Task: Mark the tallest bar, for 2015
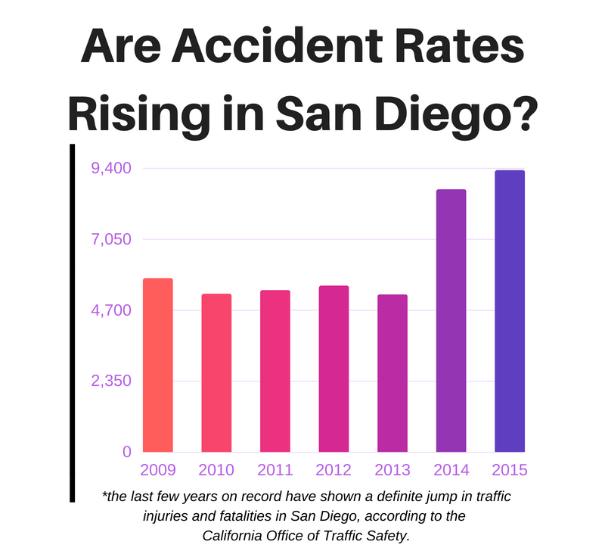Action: pos(509,311)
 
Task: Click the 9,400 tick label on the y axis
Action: pos(111,168)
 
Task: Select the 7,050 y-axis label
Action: pos(111,239)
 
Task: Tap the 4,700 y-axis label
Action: pos(111,310)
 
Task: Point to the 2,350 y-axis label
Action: pos(111,381)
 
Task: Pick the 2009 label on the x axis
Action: pos(158,470)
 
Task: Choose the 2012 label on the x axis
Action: pos(334,470)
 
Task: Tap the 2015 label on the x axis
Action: pos(509,470)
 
